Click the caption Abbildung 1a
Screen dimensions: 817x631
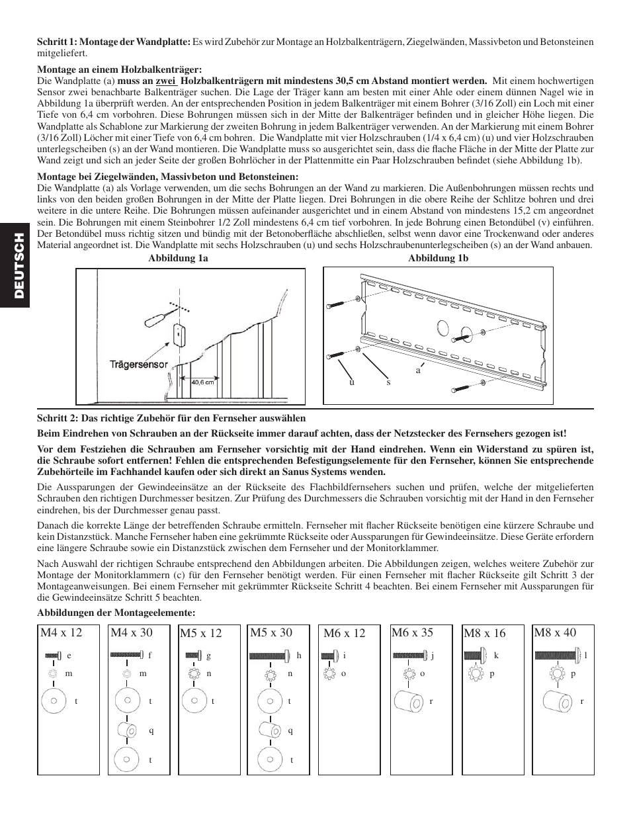pos(178,259)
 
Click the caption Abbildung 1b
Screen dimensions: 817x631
pos(438,259)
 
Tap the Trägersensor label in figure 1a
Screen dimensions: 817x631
pos(138,365)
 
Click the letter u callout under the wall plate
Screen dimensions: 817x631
pos(352,382)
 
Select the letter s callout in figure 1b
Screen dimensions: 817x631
pos(388,382)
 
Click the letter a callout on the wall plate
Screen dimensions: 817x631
pos(417,370)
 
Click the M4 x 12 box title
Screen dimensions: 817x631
pos(61,632)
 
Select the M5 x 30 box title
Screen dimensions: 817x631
pos(271,632)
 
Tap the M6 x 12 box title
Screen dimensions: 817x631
pos(344,633)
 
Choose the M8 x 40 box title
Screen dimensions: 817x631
pos(555,632)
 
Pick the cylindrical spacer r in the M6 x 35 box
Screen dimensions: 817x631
pos(408,701)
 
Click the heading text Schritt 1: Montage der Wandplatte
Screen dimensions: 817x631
pos(114,42)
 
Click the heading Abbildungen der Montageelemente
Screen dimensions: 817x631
pos(116,613)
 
